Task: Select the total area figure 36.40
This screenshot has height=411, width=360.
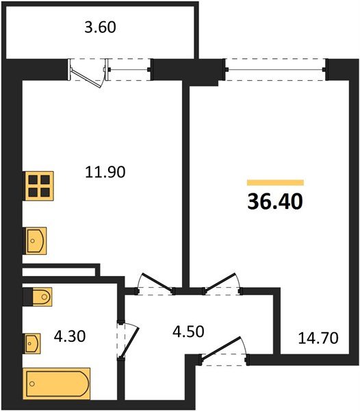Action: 275,202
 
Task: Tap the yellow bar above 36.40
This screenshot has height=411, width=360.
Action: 275,183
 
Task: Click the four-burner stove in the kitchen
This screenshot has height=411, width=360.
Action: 38,186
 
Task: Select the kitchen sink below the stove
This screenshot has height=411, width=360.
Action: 36,240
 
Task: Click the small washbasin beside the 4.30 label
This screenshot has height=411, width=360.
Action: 31,342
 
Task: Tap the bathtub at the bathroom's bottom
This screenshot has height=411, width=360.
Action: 57,383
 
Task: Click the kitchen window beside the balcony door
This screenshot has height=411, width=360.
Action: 130,68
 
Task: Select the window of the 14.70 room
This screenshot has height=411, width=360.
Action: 276,69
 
